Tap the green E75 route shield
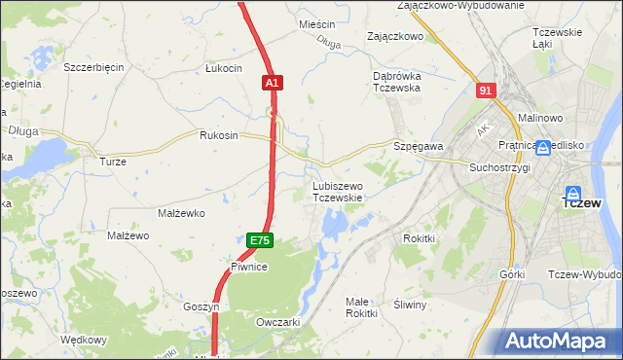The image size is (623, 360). [258, 240]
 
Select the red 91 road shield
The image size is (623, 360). [487, 90]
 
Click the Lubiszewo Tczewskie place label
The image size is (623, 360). [338, 192]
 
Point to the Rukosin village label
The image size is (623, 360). [218, 135]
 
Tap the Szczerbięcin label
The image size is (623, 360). [93, 67]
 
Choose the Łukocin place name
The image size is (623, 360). [223, 68]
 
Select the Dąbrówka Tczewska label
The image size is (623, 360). [396, 82]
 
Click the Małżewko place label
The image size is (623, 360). [180, 212]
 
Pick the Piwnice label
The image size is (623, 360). [249, 266]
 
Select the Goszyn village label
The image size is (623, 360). [202, 306]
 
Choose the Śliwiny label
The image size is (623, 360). [410, 305]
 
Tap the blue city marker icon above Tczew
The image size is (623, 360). [574, 195]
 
